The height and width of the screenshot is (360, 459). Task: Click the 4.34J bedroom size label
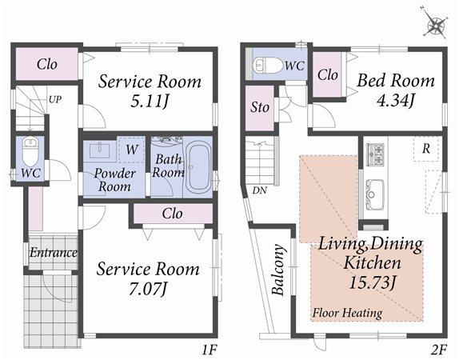(x=395, y=100)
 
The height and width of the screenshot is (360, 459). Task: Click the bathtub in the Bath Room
(x=198, y=167)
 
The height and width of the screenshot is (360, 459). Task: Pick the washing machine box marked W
(x=131, y=149)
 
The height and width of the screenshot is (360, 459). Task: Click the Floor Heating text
(x=346, y=313)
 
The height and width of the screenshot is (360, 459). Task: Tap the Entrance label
(x=53, y=253)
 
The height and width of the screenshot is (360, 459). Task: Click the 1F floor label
(x=210, y=349)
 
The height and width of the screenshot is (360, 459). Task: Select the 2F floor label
(x=439, y=349)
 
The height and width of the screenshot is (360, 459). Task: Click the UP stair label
(x=54, y=100)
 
